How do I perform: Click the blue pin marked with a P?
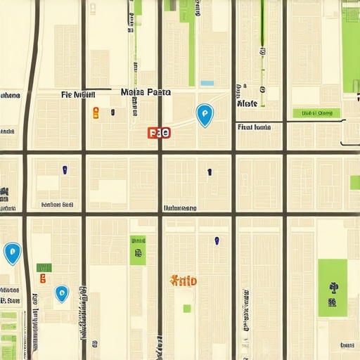tap(204, 114)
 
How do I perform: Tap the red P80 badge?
tap(160, 132)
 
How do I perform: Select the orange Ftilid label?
tap(184, 281)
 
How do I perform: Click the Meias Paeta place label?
tap(146, 92)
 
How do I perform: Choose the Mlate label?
tap(247, 103)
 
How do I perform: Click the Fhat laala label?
tap(254, 128)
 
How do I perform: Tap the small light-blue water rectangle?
tap(207, 83)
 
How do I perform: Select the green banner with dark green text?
tap(316, 112)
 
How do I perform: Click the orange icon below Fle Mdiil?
tap(96, 111)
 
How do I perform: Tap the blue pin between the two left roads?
tap(61, 293)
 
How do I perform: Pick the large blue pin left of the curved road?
tap(12, 252)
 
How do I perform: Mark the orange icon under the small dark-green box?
tap(43, 278)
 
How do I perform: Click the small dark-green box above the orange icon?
tap(44, 267)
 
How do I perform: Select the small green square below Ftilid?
tap(187, 308)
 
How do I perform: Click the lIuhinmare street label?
tap(180, 208)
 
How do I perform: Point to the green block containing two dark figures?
tap(332, 288)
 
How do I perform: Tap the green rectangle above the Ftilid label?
tap(138, 250)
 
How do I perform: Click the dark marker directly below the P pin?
tap(209, 172)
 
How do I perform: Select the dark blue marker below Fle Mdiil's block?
tap(65, 169)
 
